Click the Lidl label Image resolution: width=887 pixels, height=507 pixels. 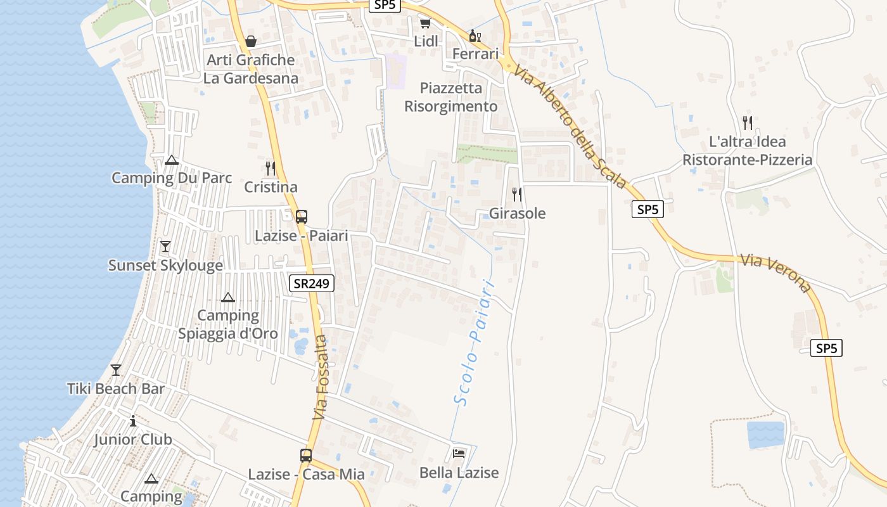click(426, 41)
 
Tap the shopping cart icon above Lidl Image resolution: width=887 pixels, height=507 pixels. click(425, 23)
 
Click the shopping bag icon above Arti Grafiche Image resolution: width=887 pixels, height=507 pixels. click(251, 41)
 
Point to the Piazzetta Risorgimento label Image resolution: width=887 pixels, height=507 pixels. click(451, 97)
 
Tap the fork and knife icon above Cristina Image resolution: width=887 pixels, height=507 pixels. click(271, 168)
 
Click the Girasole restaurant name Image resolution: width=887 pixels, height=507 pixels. click(517, 214)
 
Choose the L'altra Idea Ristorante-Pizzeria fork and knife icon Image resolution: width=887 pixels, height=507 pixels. click(748, 122)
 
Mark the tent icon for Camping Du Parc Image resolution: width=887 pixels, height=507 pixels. click(172, 160)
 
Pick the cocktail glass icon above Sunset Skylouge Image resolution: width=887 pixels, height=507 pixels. click(165, 246)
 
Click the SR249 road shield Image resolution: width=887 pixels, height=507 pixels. click(312, 283)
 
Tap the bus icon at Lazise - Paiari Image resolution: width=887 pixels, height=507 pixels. click(302, 216)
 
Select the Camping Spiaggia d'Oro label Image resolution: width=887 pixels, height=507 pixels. click(219, 324)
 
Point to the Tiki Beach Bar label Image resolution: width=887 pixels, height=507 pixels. click(116, 388)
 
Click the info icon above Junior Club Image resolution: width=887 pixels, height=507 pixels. click(133, 421)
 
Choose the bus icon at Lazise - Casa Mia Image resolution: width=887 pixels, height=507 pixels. click(306, 455)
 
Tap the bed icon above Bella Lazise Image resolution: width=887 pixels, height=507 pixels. click(459, 454)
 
